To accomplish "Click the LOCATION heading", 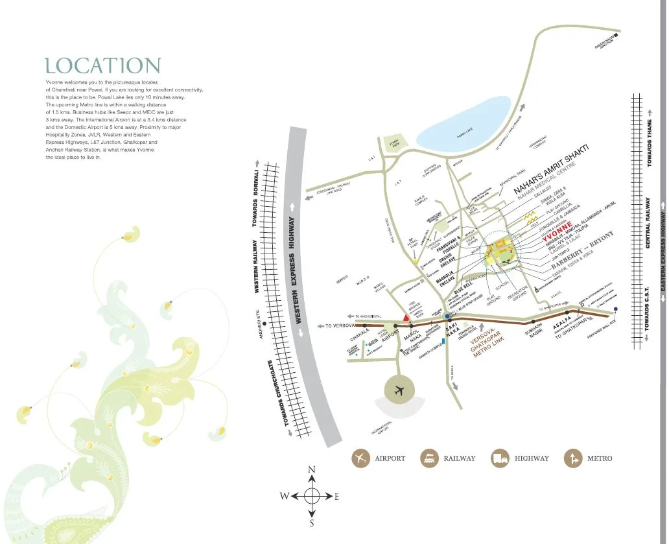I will tap(102, 65).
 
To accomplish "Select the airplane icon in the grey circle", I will tap(398, 390).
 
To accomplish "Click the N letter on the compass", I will tap(312, 469).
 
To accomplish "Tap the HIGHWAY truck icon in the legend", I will tap(500, 458).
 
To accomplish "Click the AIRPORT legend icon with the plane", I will tap(360, 458).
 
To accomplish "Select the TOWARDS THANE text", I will tap(650, 143).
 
